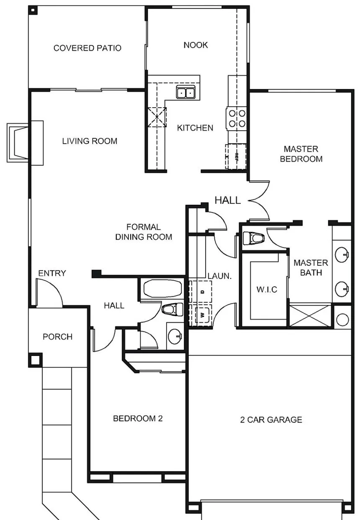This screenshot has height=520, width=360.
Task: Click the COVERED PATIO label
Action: (87, 48)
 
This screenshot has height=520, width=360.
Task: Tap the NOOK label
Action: (195, 45)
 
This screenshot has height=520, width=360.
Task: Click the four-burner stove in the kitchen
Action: (237, 118)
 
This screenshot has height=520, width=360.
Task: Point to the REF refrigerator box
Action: (236, 157)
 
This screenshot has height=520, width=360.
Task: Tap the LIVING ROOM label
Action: (90, 141)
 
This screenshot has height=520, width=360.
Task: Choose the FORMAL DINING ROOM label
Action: (144, 232)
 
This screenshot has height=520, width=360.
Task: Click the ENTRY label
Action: (52, 273)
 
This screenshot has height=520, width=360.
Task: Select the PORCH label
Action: (58, 337)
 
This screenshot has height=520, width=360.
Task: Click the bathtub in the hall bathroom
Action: (162, 288)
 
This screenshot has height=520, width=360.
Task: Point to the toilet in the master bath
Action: (254, 238)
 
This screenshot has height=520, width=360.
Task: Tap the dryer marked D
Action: (201, 291)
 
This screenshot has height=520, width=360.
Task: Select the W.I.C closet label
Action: (267, 289)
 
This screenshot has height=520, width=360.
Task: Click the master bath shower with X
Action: (310, 316)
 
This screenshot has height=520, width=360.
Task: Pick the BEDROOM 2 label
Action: (138, 418)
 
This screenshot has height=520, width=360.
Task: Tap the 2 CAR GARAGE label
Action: (271, 420)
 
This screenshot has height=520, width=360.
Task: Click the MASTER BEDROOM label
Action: (301, 154)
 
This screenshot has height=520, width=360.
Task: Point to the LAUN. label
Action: (220, 276)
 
